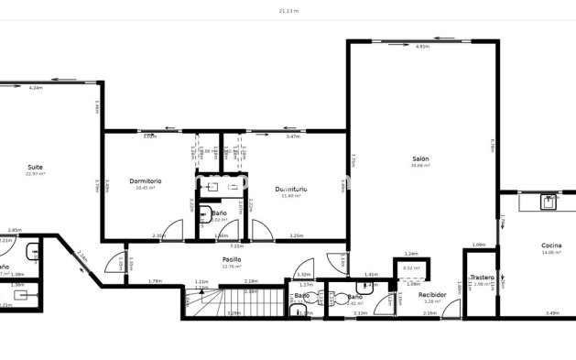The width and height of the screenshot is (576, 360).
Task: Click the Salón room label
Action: pyautogui.click(x=420, y=158)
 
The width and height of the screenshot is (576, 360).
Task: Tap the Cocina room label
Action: pyautogui.click(x=551, y=245)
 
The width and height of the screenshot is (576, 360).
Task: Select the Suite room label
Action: pyautogui.click(x=35, y=167)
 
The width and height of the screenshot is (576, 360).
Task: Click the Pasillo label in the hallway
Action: pyautogui.click(x=232, y=259)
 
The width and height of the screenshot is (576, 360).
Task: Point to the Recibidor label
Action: pyautogui.click(x=432, y=295)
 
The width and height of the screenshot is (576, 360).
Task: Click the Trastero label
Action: pyautogui.click(x=482, y=277)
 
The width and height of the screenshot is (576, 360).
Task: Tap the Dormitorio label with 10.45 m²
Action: pyautogui.click(x=146, y=180)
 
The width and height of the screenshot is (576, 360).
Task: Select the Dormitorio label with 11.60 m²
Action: pyautogui.click(x=291, y=189)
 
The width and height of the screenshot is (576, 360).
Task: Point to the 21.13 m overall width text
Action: pyautogui.click(x=288, y=11)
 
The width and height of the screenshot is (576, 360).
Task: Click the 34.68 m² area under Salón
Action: pyautogui.click(x=420, y=166)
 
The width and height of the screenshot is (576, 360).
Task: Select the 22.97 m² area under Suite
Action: pyautogui.click(x=35, y=174)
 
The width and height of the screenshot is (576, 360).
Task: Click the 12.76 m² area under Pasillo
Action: pyautogui.click(x=232, y=267)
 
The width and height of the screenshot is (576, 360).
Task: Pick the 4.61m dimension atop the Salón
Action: pyautogui.click(x=422, y=46)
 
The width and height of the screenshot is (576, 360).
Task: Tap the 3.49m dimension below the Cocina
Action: pyautogui.click(x=551, y=313)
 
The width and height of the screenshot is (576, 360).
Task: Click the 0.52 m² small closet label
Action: pyautogui.click(x=411, y=268)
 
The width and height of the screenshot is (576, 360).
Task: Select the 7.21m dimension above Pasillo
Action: pyautogui.click(x=236, y=245)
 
